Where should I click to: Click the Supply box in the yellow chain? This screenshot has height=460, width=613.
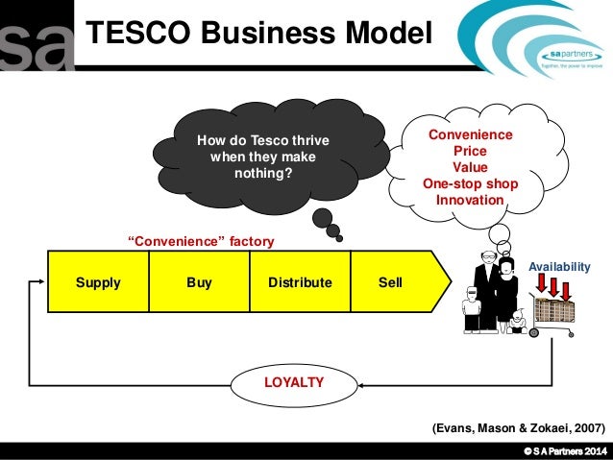(x=98, y=283)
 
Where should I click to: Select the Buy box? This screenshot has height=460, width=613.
(x=199, y=283)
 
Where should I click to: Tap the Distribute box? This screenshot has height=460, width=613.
(x=300, y=283)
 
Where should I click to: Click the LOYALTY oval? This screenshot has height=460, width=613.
(x=294, y=382)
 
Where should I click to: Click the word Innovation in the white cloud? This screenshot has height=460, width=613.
(x=469, y=201)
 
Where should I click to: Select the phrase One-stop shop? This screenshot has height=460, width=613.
(x=470, y=184)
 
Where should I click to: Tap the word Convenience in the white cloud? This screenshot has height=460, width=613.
(x=470, y=135)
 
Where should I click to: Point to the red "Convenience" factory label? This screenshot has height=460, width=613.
(x=202, y=241)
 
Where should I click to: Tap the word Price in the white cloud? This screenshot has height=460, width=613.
(x=470, y=152)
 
